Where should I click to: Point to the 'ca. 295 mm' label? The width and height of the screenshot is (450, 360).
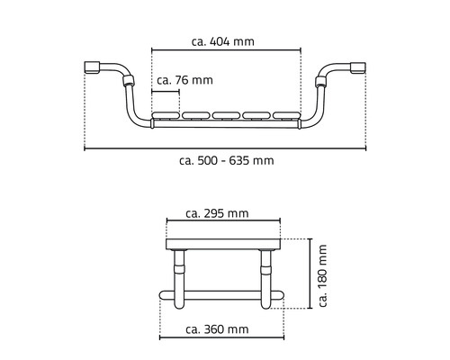pyautogui.click(x=216, y=213)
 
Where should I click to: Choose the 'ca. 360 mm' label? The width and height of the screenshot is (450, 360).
pyautogui.click(x=216, y=329)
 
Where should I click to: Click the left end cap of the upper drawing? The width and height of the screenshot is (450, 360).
pyautogui.click(x=92, y=67)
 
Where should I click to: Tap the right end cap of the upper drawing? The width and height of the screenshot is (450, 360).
pyautogui.click(x=358, y=67)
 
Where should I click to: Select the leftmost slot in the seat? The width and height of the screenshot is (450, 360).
pyautogui.click(x=166, y=115)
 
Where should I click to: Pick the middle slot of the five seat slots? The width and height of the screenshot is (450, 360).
pyautogui.click(x=225, y=115)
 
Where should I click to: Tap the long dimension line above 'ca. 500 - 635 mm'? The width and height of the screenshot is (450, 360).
pyautogui.click(x=225, y=148)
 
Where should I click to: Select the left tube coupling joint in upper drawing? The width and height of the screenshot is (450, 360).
pyautogui.click(x=126, y=86)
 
